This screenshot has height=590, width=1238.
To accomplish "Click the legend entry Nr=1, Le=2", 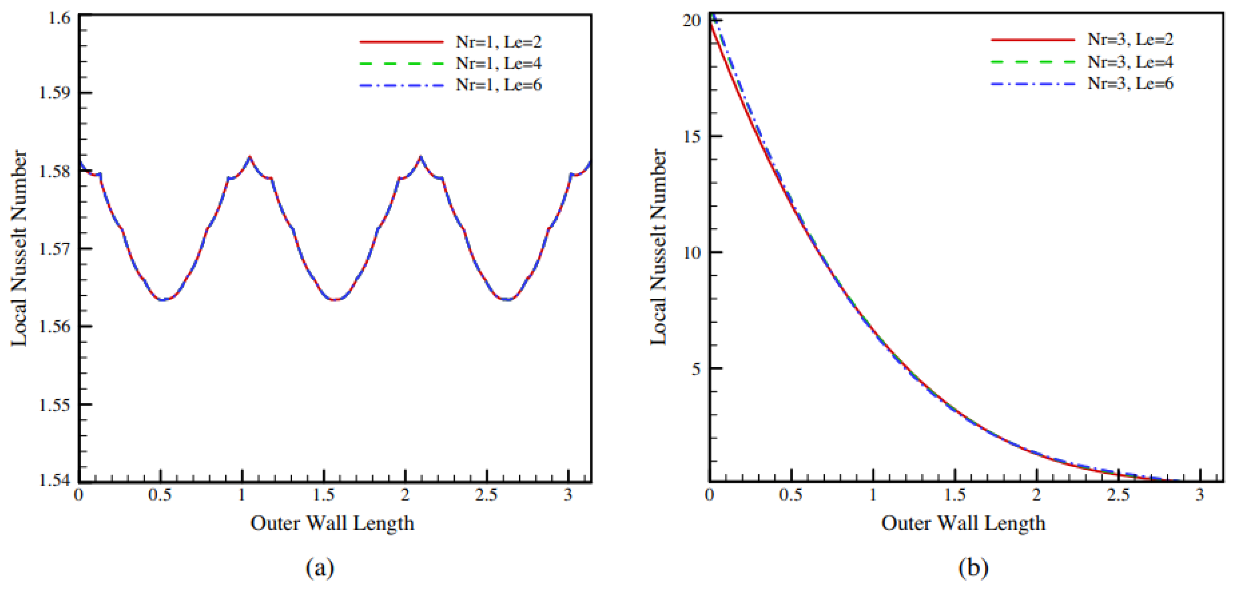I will (498, 42).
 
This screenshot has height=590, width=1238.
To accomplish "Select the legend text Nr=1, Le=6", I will (498, 85).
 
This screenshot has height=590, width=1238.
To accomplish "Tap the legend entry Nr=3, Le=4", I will (1130, 62).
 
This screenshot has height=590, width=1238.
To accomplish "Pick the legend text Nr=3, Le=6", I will (1130, 83).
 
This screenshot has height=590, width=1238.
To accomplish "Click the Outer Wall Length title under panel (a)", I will (332, 523).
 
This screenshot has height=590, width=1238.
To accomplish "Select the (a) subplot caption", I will (320, 568).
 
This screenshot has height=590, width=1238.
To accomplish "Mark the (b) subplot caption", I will (973, 568).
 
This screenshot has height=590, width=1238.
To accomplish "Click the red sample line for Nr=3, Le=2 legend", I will (1032, 40).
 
